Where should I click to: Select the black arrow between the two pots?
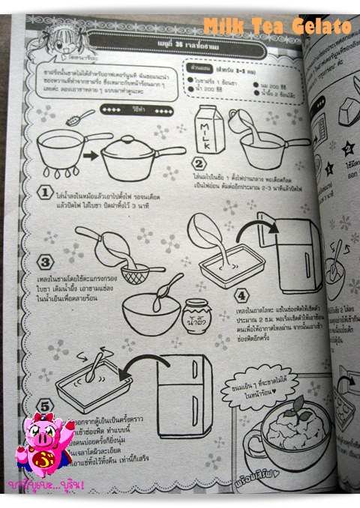pyautogui.click(x=87, y=157)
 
